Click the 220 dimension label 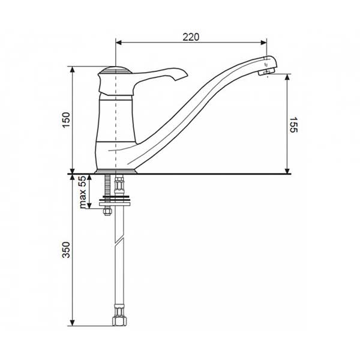(x=191, y=37)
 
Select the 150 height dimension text (x=67, y=120)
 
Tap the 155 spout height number (x=293, y=125)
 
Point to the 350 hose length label (x=67, y=250)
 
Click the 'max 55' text (x=82, y=192)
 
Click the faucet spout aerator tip (x=265, y=73)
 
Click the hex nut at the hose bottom (x=119, y=321)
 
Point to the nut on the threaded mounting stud (x=107, y=211)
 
